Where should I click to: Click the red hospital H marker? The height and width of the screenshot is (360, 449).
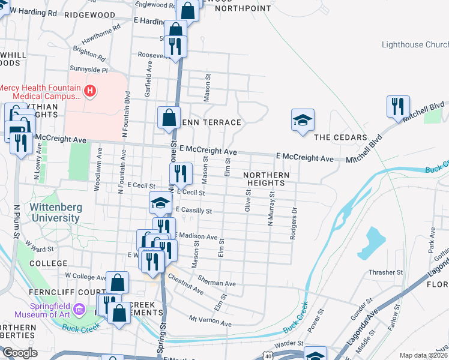point(90,91)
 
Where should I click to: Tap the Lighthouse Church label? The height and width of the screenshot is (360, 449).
point(415,45)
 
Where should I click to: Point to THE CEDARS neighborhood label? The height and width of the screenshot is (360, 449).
point(340,137)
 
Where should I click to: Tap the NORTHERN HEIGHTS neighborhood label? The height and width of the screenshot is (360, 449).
point(267,179)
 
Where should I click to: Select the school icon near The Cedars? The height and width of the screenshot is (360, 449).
point(303,121)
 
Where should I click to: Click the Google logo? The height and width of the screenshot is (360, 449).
point(20,353)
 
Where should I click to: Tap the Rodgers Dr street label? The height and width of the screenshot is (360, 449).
point(294,224)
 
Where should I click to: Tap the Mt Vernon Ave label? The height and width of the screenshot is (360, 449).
point(209,320)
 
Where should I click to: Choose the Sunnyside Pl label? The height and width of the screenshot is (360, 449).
point(88,70)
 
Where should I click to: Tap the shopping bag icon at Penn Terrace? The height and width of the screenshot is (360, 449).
point(169,117)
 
